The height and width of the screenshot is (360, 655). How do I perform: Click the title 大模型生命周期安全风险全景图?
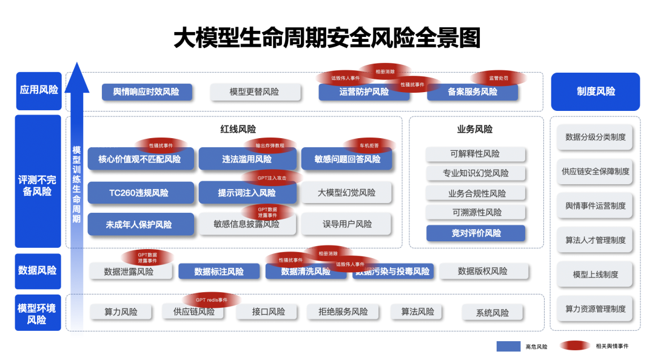[x=327, y=38]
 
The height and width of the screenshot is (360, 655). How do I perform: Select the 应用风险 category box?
[x=39, y=90]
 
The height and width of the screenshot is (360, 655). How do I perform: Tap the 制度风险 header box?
[x=595, y=92]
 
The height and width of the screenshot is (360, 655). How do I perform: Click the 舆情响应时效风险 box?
[x=147, y=92]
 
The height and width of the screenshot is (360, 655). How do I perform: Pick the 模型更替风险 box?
[x=255, y=92]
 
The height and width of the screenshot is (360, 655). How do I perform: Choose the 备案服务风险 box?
[x=472, y=92]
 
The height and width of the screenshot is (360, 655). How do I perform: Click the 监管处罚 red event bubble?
[x=498, y=78]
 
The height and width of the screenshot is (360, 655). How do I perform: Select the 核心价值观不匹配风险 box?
[x=141, y=159]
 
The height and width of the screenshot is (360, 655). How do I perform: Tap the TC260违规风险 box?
[x=141, y=193]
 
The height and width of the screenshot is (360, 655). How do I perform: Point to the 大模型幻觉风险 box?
[x=346, y=193]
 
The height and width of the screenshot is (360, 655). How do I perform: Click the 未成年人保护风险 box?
[x=141, y=224]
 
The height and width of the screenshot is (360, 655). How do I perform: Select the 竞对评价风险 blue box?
[x=475, y=233]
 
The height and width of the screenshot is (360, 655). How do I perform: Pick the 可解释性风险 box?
[x=475, y=154]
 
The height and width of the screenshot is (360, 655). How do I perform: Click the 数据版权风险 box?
[x=482, y=272]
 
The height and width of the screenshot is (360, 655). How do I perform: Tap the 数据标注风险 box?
[x=219, y=272]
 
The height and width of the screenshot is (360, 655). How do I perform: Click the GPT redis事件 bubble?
[x=211, y=300]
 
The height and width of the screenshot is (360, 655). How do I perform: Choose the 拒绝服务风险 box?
[x=343, y=312]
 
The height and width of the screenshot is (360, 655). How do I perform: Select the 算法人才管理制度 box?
[x=595, y=240]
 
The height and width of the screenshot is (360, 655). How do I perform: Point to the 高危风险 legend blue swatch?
[x=508, y=347]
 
